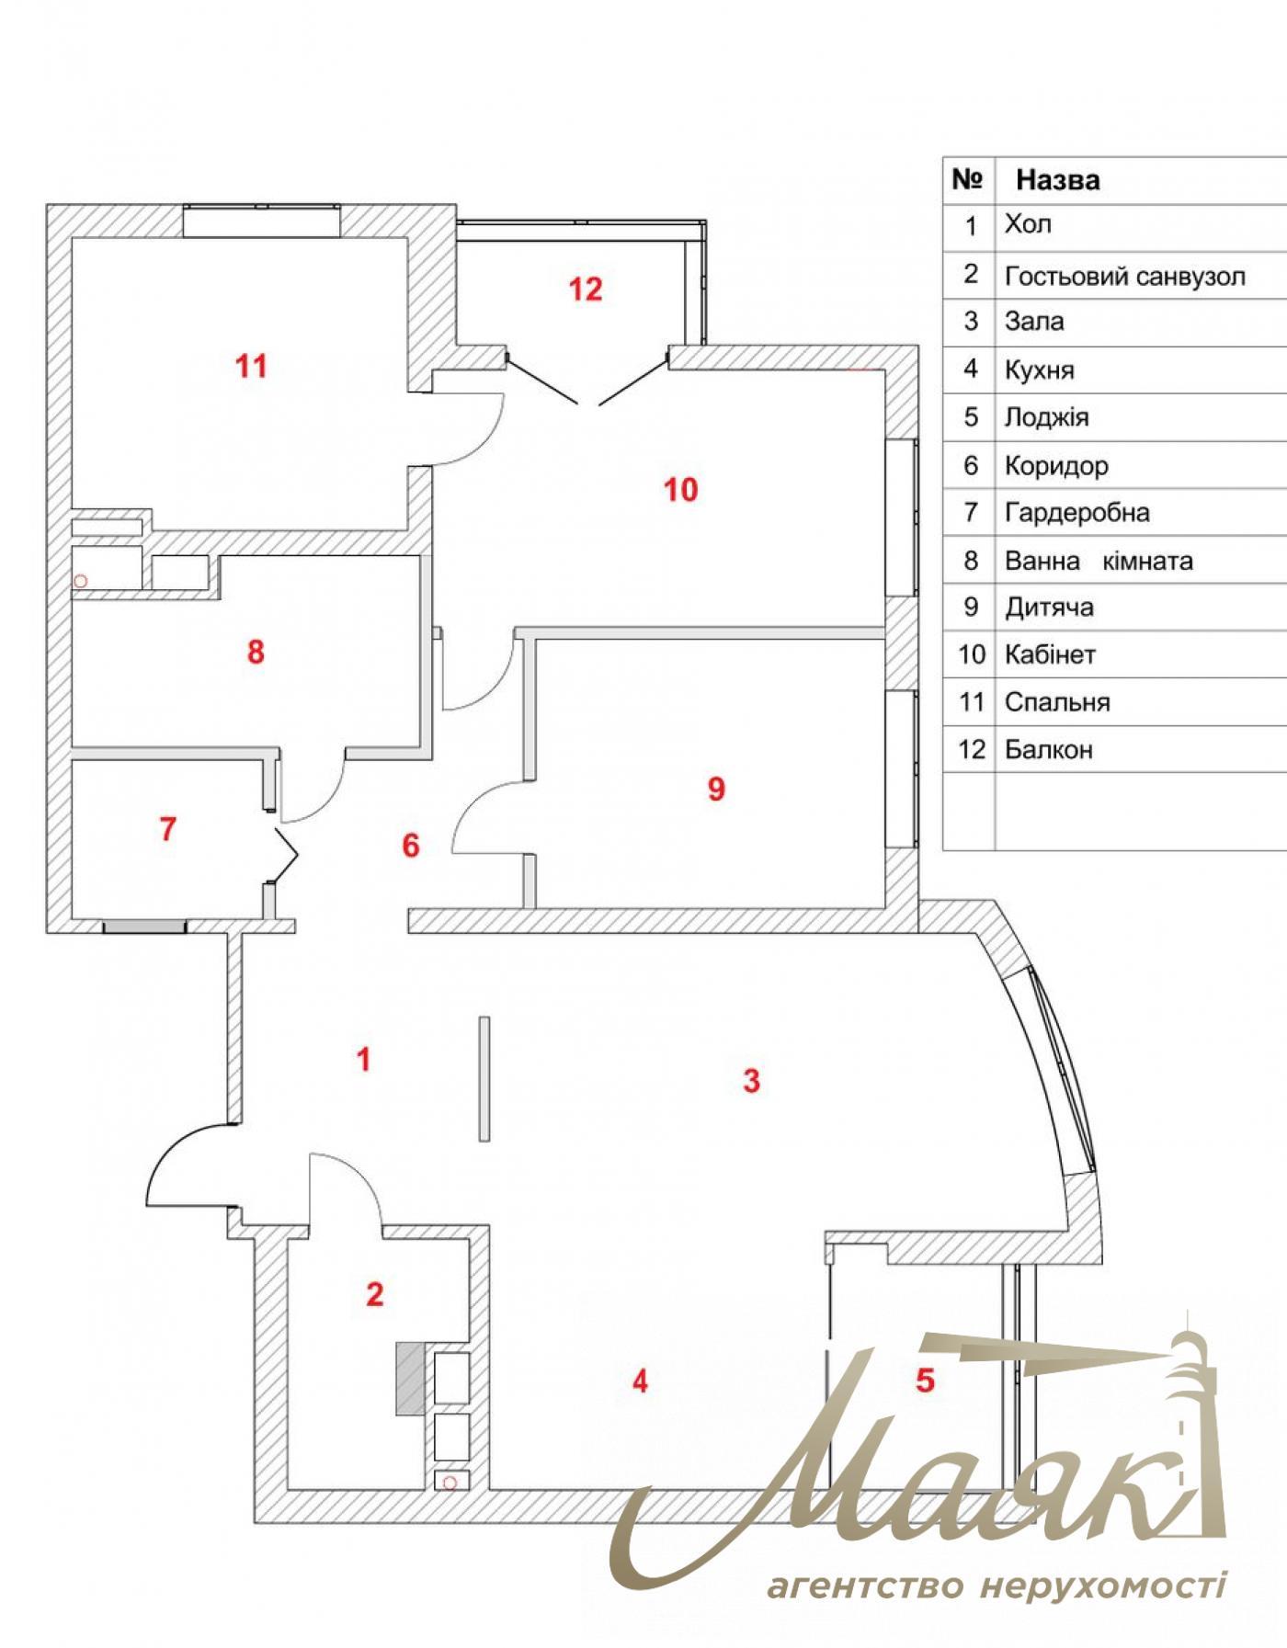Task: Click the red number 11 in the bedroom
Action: (251, 367)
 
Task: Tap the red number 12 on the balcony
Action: (586, 290)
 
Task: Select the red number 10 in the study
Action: (681, 490)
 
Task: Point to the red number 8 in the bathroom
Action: (256, 653)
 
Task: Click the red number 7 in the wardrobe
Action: (167, 829)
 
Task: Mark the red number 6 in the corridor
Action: (411, 846)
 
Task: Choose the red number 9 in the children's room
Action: (716, 789)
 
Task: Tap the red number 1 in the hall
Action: (364, 1060)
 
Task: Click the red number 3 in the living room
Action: (751, 1081)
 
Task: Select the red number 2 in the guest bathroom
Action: (374, 1295)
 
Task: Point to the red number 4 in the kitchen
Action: (640, 1381)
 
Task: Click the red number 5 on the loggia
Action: (925, 1380)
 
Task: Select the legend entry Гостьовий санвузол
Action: (1125, 276)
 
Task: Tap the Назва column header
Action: (1057, 180)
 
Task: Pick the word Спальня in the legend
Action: (1057, 702)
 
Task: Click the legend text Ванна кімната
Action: (1099, 561)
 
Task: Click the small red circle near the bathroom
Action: (80, 581)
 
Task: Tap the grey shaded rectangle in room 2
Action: (410, 1378)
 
